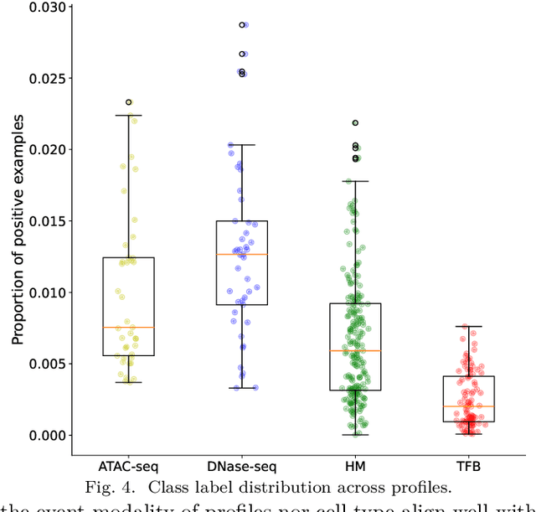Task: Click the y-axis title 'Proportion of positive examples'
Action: pyautogui.click(x=17, y=228)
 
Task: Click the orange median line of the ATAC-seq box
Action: pyautogui.click(x=128, y=327)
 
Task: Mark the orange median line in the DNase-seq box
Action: pyautogui.click(x=241, y=254)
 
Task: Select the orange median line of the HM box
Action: pyautogui.click(x=355, y=350)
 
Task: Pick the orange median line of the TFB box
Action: pyautogui.click(x=468, y=406)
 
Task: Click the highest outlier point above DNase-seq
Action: pyautogui.click(x=242, y=25)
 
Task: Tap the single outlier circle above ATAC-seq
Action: pyautogui.click(x=128, y=102)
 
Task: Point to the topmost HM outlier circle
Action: pyautogui.click(x=355, y=123)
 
